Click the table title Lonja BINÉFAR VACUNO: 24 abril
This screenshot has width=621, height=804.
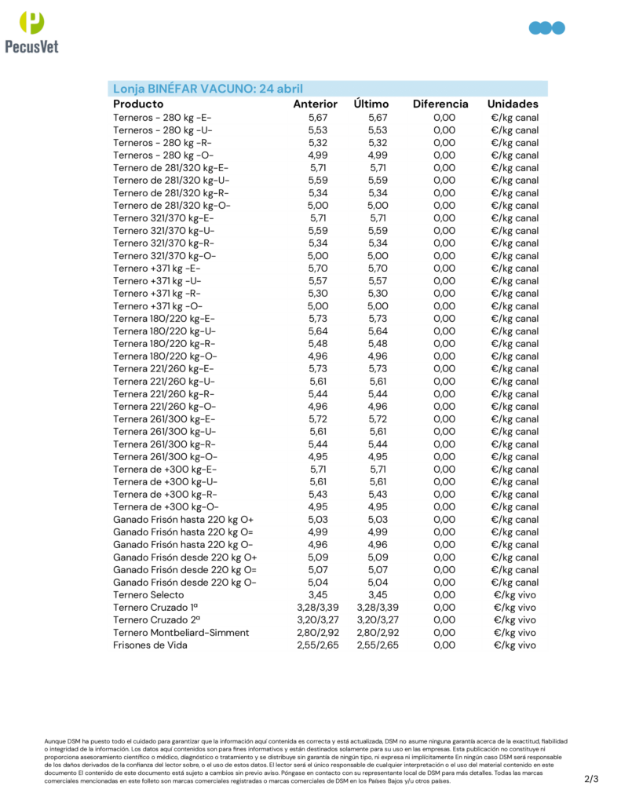point(208,88)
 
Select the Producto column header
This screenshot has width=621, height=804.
point(138,104)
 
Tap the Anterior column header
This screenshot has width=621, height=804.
point(315,104)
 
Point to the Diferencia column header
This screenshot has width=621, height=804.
point(440,104)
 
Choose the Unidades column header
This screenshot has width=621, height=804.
point(513,104)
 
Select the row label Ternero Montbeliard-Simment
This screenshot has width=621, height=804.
point(181,632)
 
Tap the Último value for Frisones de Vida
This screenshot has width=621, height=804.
point(378,645)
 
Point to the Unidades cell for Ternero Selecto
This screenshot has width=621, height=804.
point(515,594)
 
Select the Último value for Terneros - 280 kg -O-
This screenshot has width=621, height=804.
point(378,155)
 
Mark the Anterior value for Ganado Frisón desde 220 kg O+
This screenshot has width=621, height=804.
point(318,557)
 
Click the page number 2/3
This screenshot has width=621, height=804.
point(591,779)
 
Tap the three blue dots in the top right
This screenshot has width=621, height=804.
point(547,28)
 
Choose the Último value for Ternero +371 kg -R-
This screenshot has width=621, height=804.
point(378,293)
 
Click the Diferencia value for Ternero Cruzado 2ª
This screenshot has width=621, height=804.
point(444,619)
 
